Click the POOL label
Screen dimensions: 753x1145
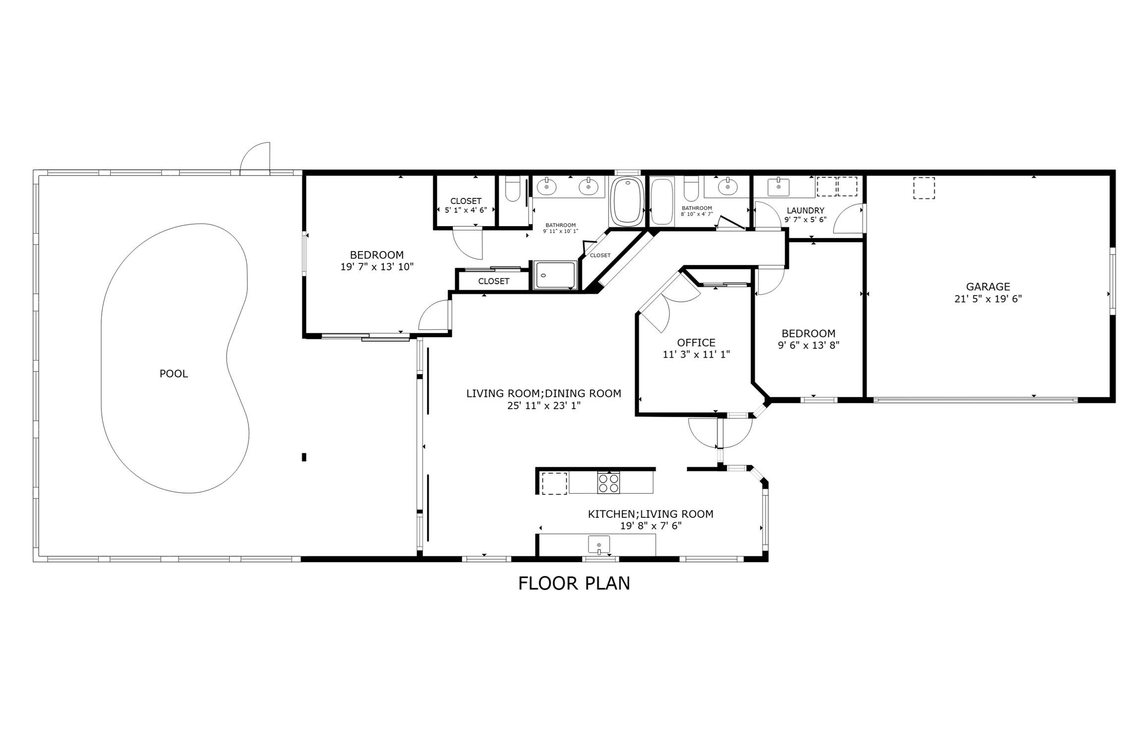pyautogui.click(x=174, y=374)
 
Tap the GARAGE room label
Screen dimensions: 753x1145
pyautogui.click(x=988, y=287)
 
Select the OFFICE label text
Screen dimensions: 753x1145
pyautogui.click(x=696, y=343)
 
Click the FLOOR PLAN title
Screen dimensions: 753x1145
pyautogui.click(x=574, y=583)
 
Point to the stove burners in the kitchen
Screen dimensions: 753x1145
pyautogui.click(x=608, y=483)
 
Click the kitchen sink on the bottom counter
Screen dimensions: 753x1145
pyautogui.click(x=599, y=544)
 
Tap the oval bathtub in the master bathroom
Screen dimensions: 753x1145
pyautogui.click(x=626, y=201)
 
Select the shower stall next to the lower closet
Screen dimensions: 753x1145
pyautogui.click(x=555, y=275)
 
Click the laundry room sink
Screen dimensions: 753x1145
pyautogui.click(x=778, y=188)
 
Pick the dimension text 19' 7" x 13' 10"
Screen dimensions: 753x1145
pyautogui.click(x=377, y=267)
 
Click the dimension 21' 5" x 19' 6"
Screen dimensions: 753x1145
pyautogui.click(x=988, y=299)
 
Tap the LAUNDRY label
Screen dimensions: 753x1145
pyautogui.click(x=805, y=210)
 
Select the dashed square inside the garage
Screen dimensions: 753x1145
pyautogui.click(x=924, y=188)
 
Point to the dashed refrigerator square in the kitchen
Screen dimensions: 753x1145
pyautogui.click(x=554, y=484)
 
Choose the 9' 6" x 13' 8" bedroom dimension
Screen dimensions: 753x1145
pyautogui.click(x=808, y=345)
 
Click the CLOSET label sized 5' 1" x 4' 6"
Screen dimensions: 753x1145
pyautogui.click(x=466, y=201)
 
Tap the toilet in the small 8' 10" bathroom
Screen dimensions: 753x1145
pyautogui.click(x=691, y=189)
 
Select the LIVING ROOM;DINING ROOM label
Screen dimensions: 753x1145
pyautogui.click(x=543, y=394)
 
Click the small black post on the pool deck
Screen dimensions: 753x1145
pyautogui.click(x=304, y=457)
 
